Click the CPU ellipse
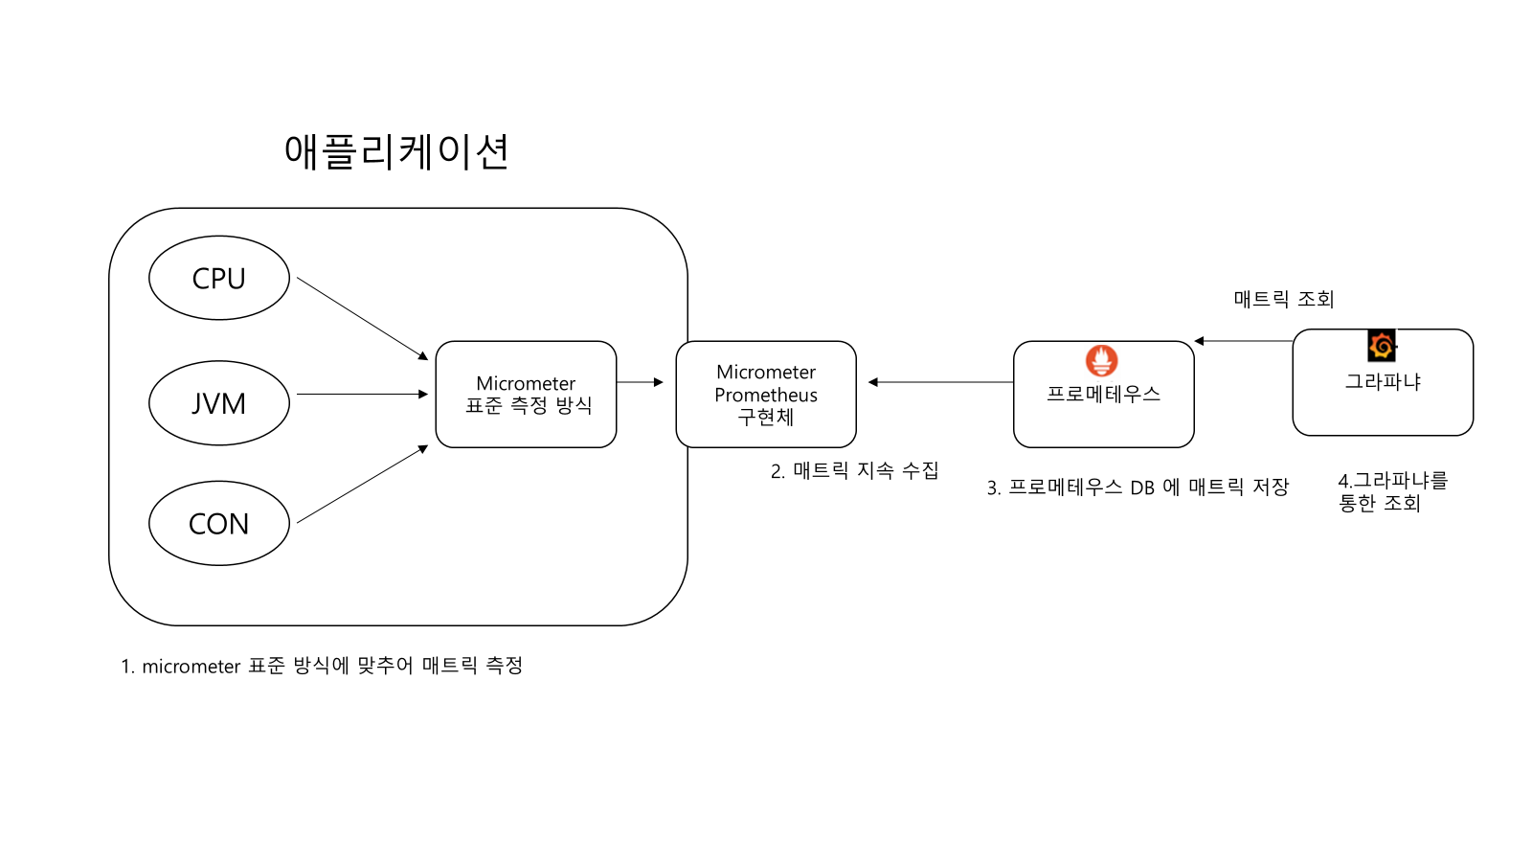219,278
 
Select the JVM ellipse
219,403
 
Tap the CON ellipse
219,523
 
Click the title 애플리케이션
396,151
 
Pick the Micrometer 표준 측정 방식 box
526,395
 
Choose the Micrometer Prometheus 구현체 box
766,394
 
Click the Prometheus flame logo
1101,361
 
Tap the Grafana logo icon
1382,345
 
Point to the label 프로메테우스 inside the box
1103,394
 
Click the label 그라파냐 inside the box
1383,381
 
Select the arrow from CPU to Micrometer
362,318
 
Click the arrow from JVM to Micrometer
362,394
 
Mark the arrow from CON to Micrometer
362,485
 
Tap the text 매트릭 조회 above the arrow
1283,299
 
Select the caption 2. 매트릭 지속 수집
854,470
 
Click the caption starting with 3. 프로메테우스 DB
1138,488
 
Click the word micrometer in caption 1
191,667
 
